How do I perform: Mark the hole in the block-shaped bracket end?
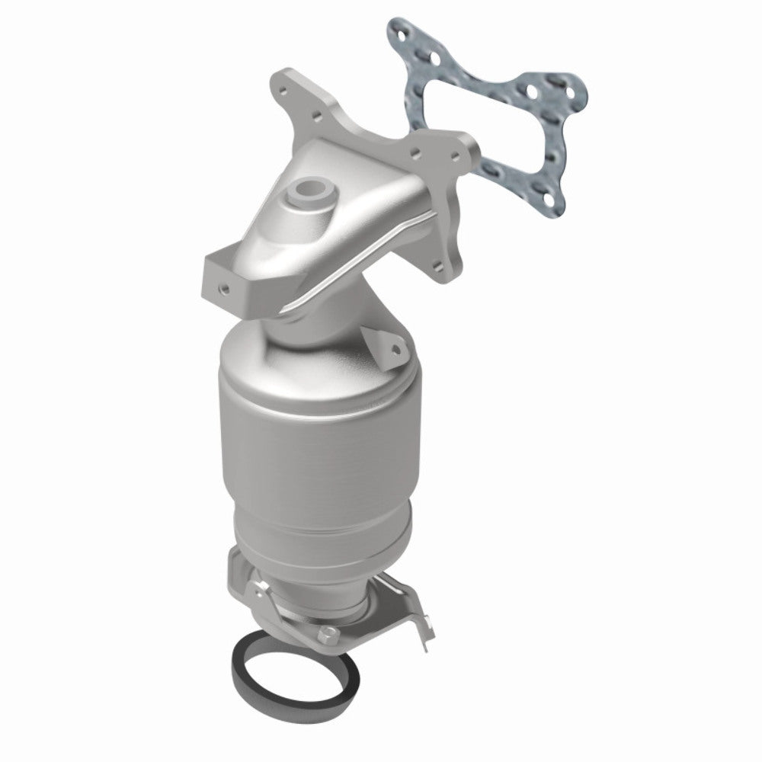pyautogui.click(x=224, y=289)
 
